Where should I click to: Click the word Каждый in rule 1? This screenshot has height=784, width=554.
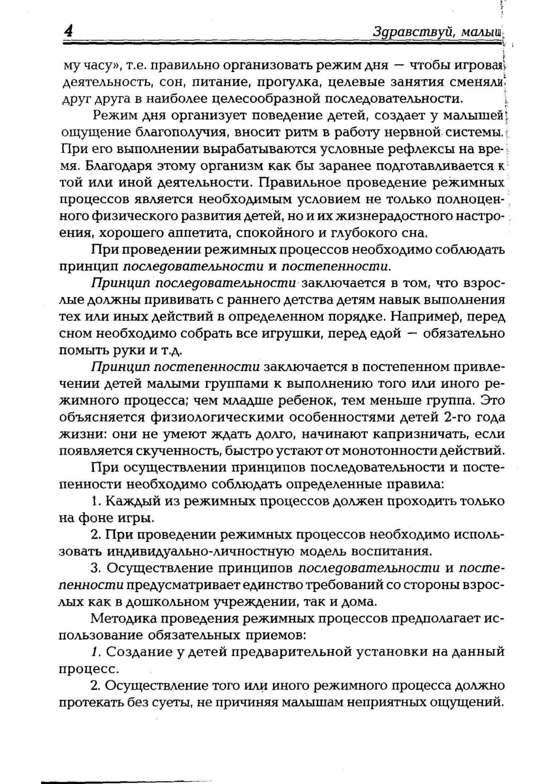134,501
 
